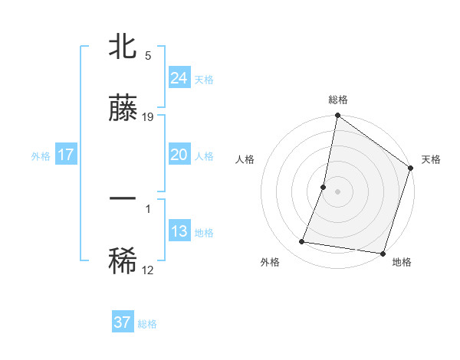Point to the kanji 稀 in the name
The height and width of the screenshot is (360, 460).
[x=123, y=261]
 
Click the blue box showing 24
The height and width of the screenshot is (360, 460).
[x=179, y=78]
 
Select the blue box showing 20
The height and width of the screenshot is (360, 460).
[x=179, y=155]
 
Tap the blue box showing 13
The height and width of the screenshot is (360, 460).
[x=179, y=231]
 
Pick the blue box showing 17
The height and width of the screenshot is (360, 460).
[x=66, y=155]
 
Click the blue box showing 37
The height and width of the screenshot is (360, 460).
[x=122, y=322]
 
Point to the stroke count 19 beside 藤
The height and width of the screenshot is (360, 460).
[x=149, y=117]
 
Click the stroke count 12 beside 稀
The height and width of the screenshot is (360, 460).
[x=148, y=270]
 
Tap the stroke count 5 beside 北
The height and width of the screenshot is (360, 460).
[x=148, y=56]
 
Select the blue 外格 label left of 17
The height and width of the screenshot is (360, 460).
[x=41, y=156]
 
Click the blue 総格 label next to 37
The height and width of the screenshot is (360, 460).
[x=148, y=324]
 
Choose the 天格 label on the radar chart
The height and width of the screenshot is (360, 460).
[x=431, y=159]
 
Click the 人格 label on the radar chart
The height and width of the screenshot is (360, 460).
[x=245, y=159]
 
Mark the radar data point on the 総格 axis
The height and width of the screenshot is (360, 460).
[x=337, y=116]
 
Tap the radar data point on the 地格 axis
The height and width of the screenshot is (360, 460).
[x=382, y=253]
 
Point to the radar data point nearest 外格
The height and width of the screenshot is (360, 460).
[x=302, y=242]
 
